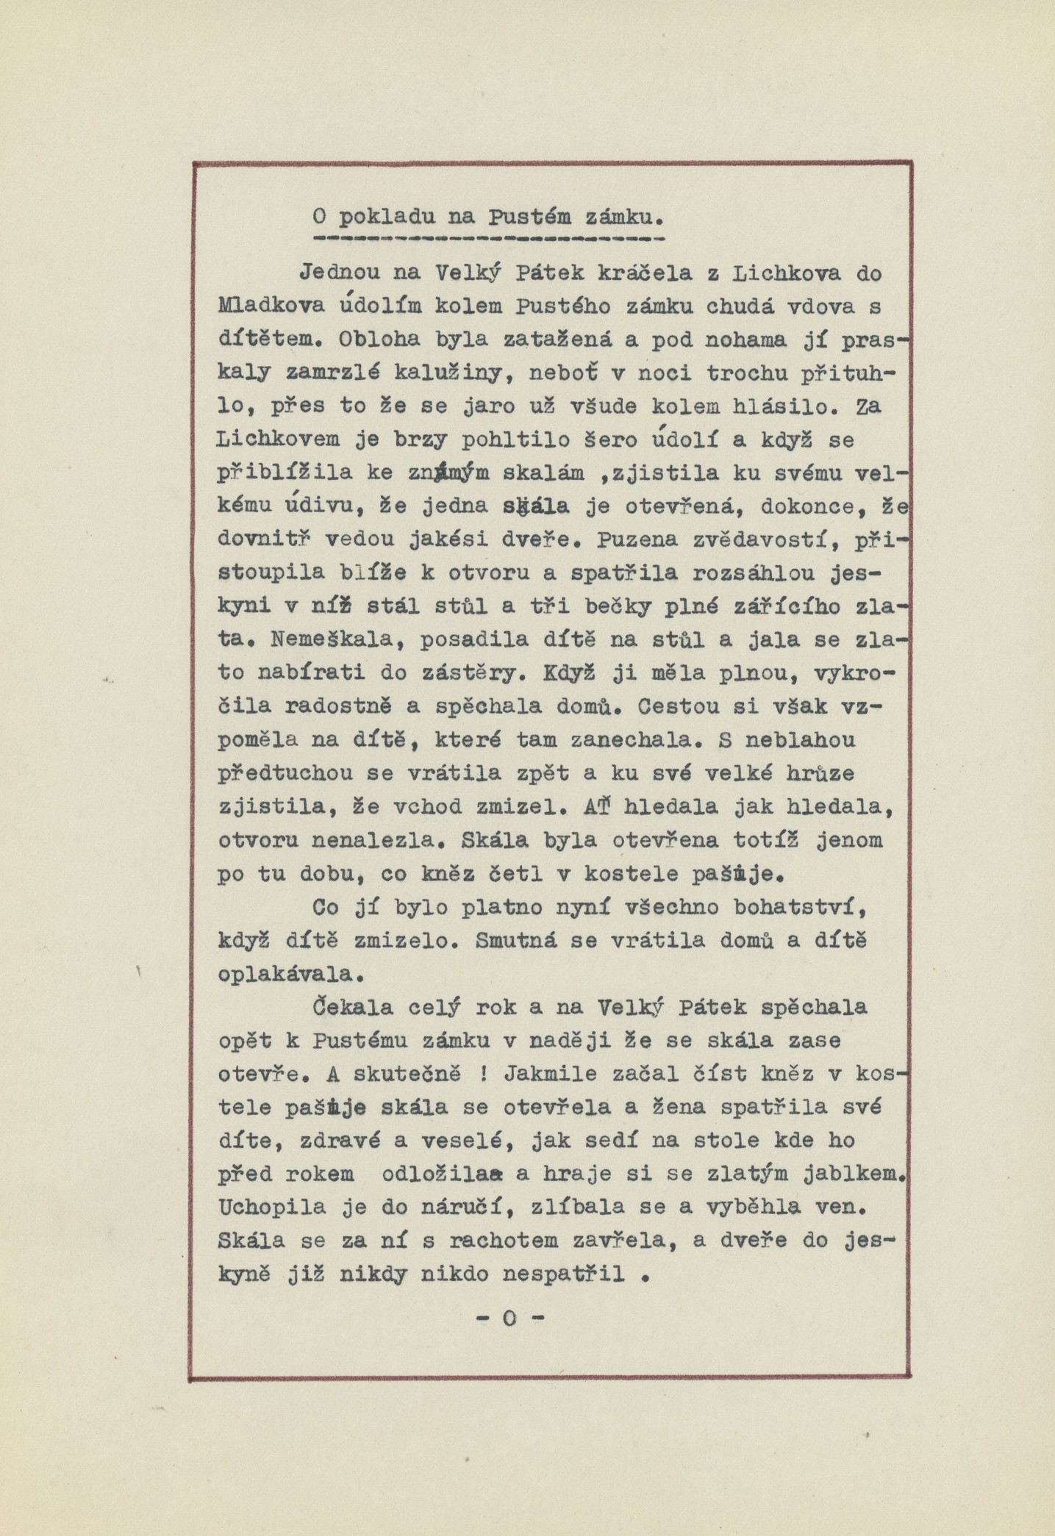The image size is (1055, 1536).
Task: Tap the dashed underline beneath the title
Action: (x=488, y=240)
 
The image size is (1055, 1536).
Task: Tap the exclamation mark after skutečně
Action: (x=483, y=1074)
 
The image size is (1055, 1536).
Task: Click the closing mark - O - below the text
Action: (x=509, y=1318)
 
